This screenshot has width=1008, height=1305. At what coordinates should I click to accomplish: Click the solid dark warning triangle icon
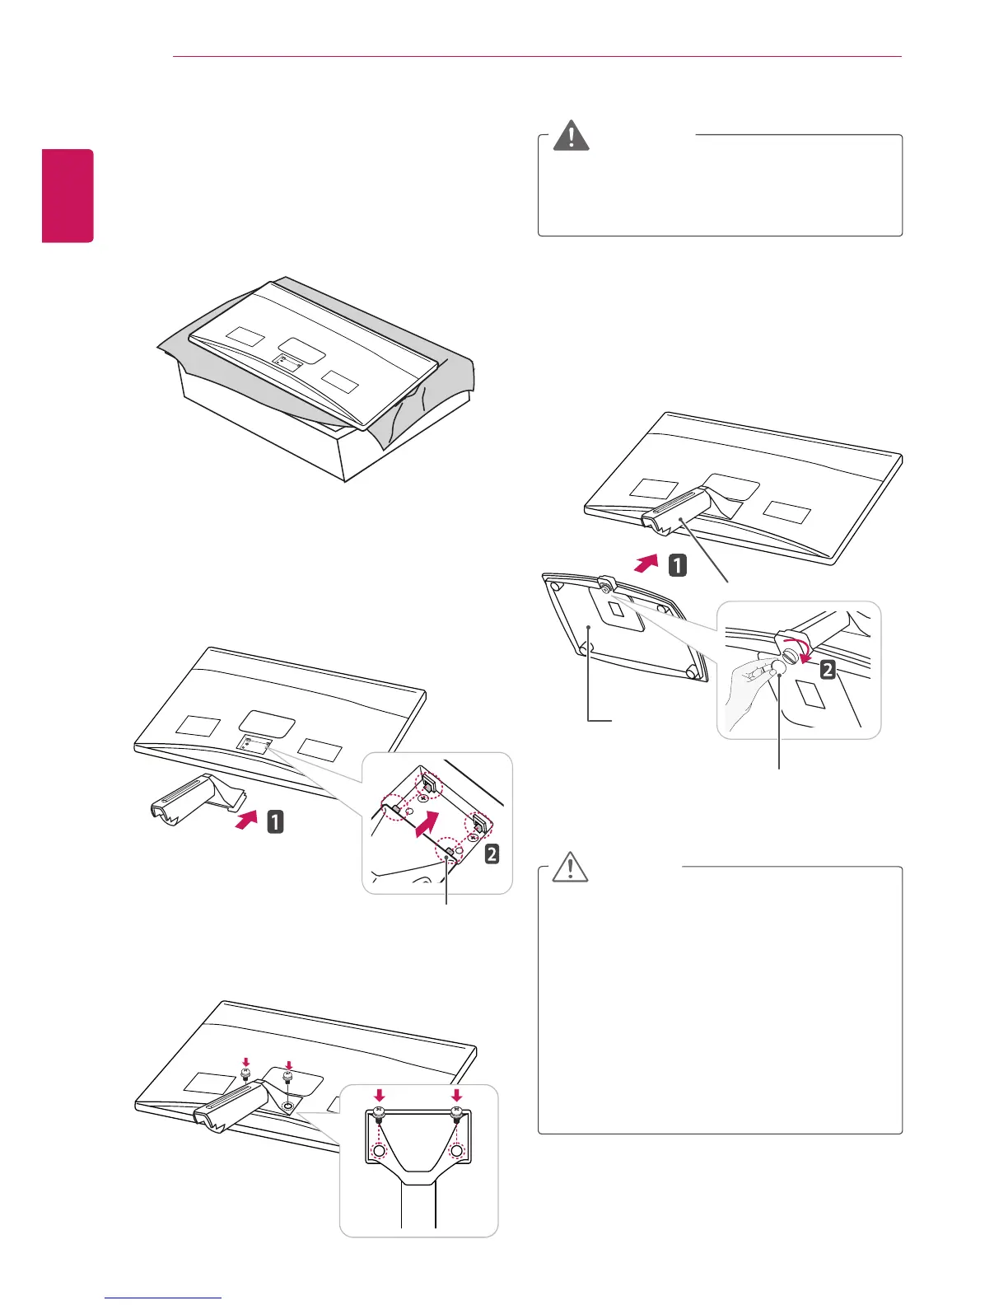[572, 137]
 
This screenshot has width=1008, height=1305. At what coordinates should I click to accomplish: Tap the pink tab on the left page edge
[68, 195]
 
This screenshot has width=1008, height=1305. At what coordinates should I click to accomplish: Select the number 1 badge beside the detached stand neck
[274, 821]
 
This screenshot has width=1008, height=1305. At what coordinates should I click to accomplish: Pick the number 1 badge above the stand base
[677, 566]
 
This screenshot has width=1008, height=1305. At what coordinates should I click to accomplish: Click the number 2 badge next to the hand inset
[828, 670]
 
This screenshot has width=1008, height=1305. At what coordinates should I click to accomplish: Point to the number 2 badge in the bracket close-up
[491, 854]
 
